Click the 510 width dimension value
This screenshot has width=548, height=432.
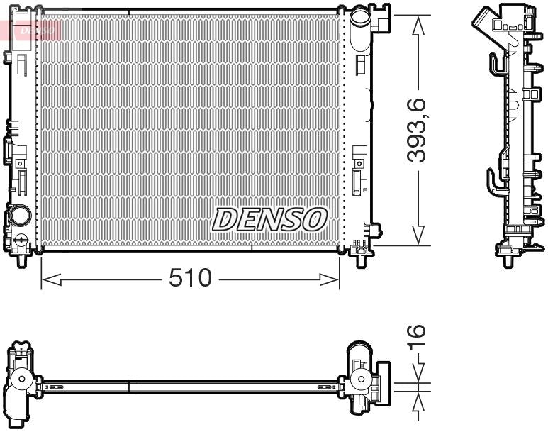pos(190,278)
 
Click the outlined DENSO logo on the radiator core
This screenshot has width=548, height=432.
pos(269,219)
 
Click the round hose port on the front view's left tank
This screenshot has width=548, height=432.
pos(20,214)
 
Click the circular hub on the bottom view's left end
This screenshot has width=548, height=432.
pos(21,380)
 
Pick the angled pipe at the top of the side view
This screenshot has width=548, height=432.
pos(490,19)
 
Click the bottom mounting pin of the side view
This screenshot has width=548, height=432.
pos(508,262)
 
